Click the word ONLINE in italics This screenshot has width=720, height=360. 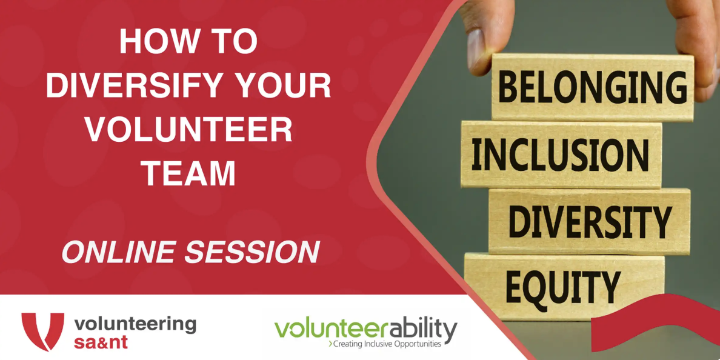(x=120, y=252)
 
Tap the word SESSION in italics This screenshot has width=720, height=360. (x=252, y=252)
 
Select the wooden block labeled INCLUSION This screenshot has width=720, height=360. (x=561, y=155)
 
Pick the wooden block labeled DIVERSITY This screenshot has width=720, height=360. (x=589, y=221)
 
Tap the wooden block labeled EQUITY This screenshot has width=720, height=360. (x=564, y=287)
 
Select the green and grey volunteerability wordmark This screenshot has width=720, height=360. (x=366, y=329)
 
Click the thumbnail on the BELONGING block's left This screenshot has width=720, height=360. (x=478, y=50)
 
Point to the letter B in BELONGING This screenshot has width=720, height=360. (x=507, y=87)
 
